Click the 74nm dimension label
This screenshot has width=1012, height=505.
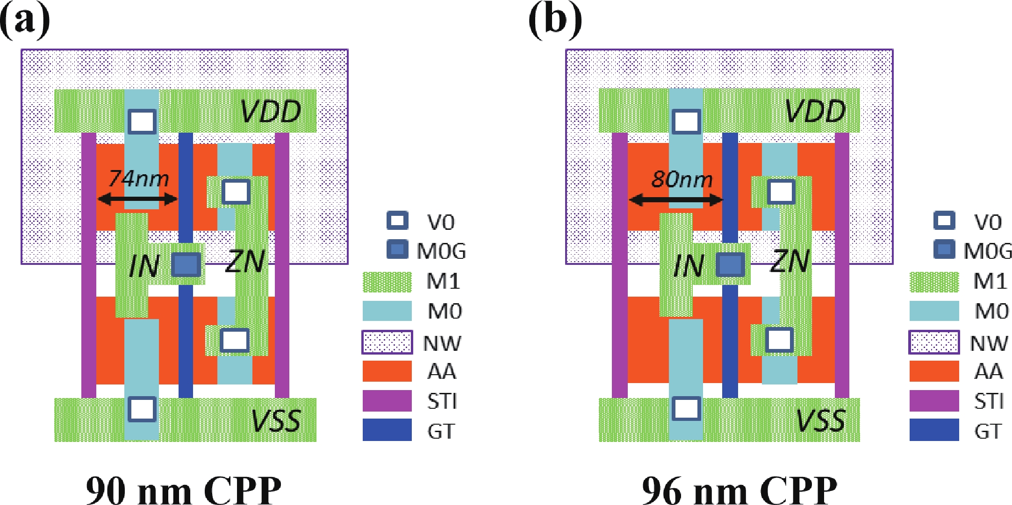pyautogui.click(x=138, y=179)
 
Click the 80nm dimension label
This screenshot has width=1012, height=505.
pyautogui.click(x=682, y=179)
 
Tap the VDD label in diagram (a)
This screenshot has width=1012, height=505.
pyautogui.click(x=271, y=112)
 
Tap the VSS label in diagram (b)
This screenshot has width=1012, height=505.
pyautogui.click(x=820, y=420)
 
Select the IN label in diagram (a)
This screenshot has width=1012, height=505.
pyautogui.click(x=144, y=266)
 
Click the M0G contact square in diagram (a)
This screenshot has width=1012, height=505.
pyautogui.click(x=186, y=264)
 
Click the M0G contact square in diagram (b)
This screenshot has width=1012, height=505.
pyautogui.click(x=731, y=264)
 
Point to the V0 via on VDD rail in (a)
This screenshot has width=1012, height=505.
pyautogui.click(x=143, y=121)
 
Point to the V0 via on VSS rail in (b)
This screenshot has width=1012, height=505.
pyautogui.click(x=686, y=409)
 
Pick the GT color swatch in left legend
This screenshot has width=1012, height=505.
pyautogui.click(x=387, y=430)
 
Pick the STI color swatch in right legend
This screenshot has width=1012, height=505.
pyautogui.click(x=934, y=401)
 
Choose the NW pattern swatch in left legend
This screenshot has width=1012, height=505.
pyautogui.click(x=387, y=342)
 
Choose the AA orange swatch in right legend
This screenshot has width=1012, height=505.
pyautogui.click(x=934, y=371)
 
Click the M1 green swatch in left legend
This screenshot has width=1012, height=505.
pyautogui.click(x=387, y=282)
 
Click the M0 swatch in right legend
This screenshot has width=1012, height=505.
pyautogui.click(x=934, y=311)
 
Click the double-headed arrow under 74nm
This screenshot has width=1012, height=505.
pyautogui.click(x=137, y=199)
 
